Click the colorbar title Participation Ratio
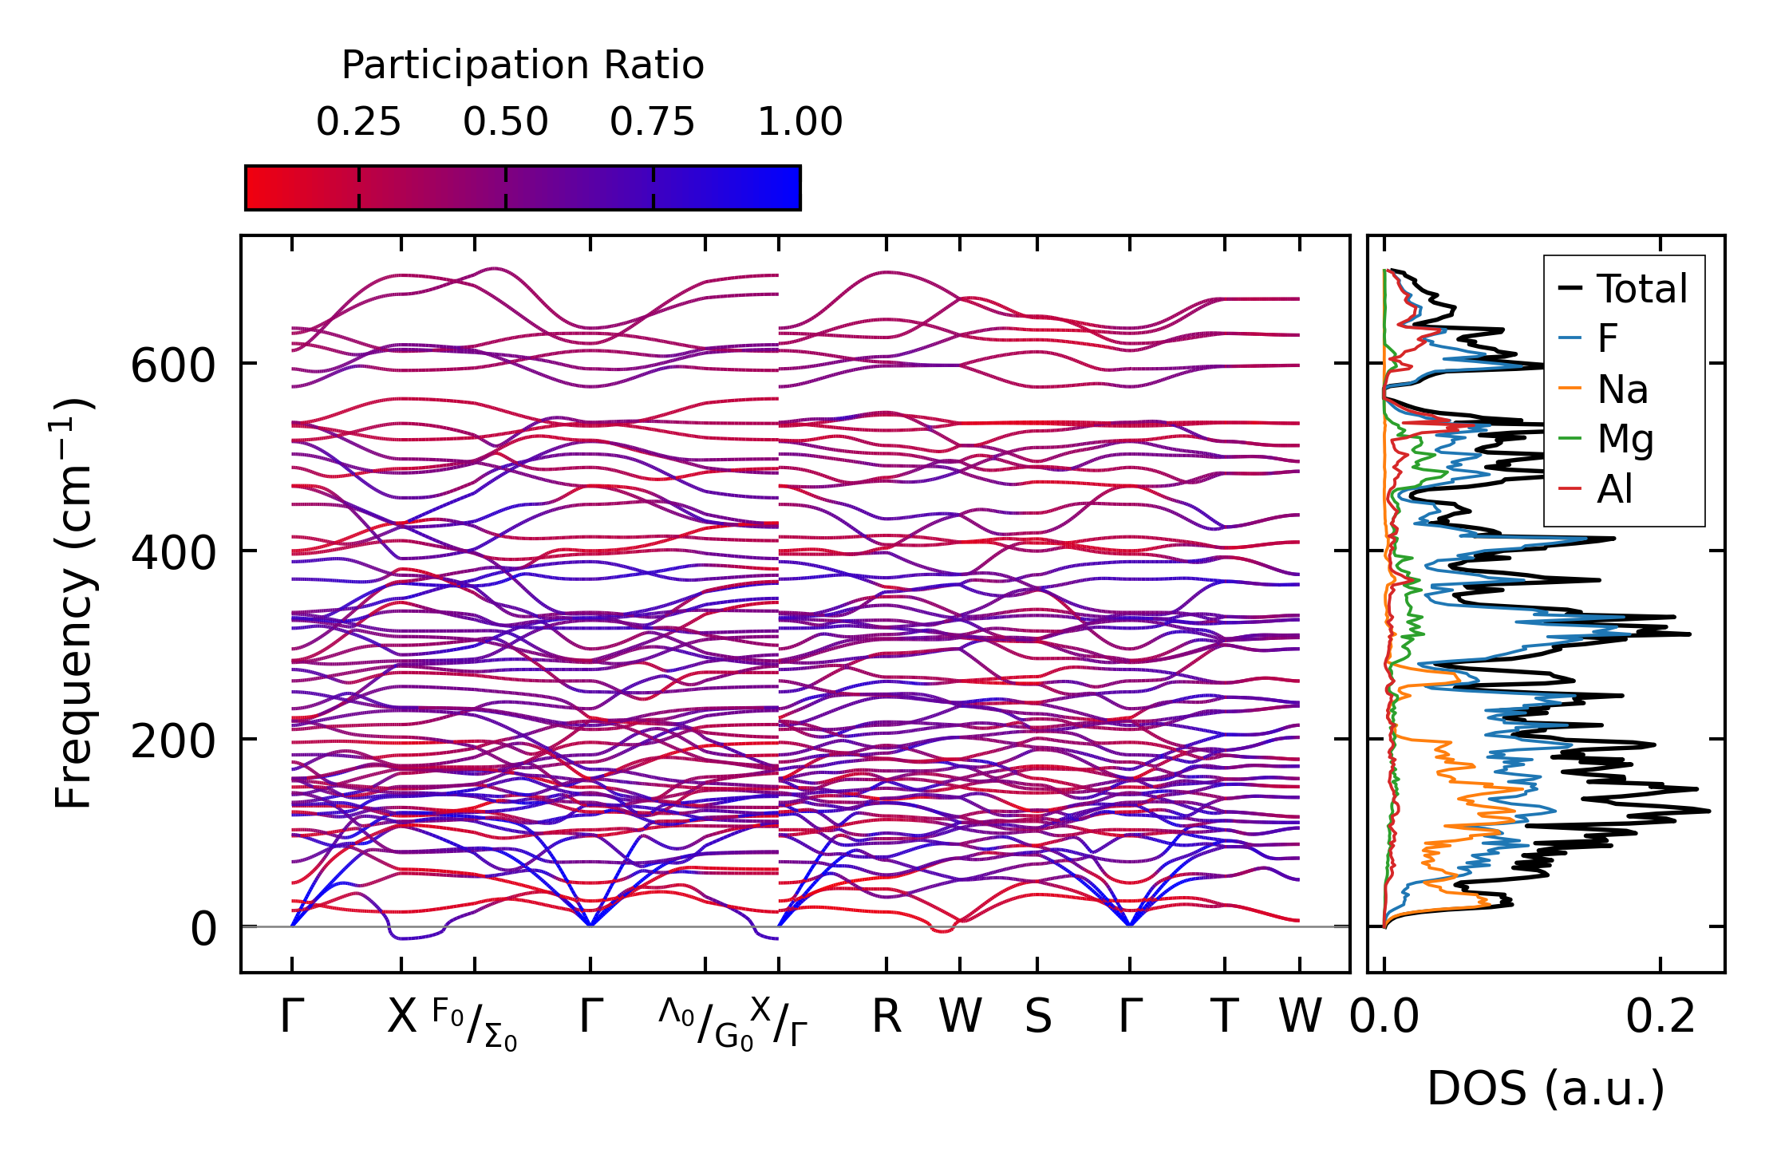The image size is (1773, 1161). click(x=523, y=65)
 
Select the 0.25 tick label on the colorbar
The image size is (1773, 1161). click(x=358, y=123)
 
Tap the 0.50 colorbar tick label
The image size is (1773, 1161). click(x=505, y=123)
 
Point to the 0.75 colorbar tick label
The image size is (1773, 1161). click(x=653, y=123)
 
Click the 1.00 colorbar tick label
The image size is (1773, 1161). click(x=800, y=123)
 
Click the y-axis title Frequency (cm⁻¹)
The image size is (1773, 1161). click(x=73, y=603)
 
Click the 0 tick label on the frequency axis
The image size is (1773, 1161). click(x=203, y=930)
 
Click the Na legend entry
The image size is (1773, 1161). click(x=1622, y=390)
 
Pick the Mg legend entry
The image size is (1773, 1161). click(x=1625, y=440)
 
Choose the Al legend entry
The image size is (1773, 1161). click(x=1614, y=489)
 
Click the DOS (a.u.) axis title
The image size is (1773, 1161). click(x=1546, y=1089)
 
